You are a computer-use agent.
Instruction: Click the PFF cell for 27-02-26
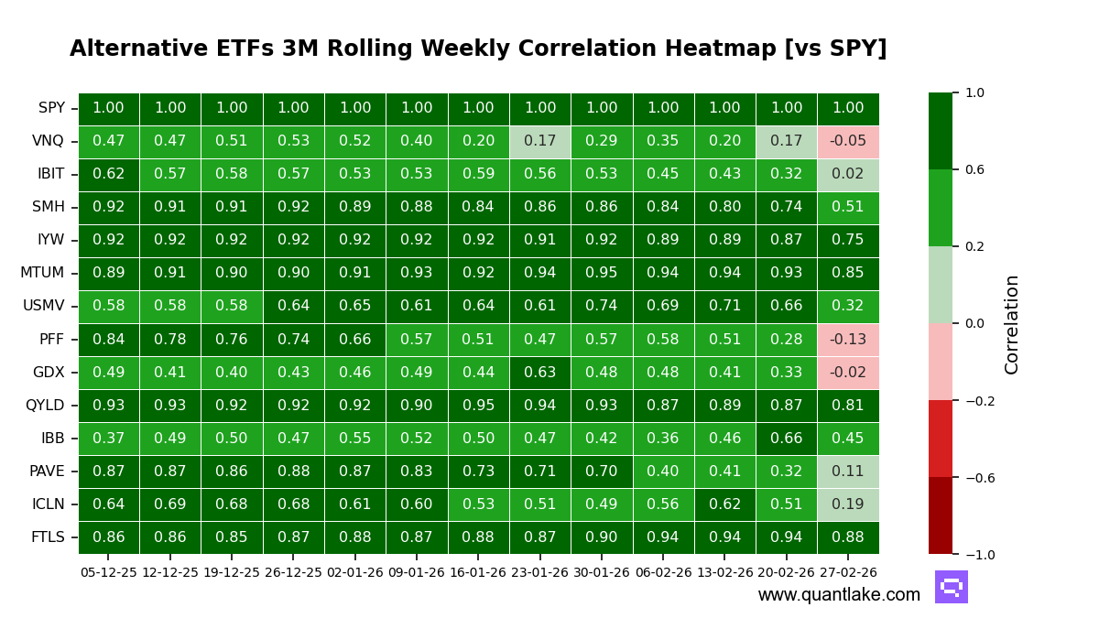pyautogui.click(x=848, y=340)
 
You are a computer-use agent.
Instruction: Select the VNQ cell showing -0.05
pyautogui.click(x=848, y=142)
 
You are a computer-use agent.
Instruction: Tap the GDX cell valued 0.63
pyautogui.click(x=539, y=373)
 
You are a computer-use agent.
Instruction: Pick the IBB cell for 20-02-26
pyautogui.click(x=786, y=439)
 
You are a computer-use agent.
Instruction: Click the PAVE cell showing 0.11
pyautogui.click(x=848, y=472)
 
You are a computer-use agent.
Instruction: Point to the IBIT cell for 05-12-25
pyautogui.click(x=108, y=175)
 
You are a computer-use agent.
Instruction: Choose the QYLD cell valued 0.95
pyautogui.click(x=478, y=406)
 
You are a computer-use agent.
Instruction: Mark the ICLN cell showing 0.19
pyautogui.click(x=848, y=504)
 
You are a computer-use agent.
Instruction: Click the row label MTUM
pyautogui.click(x=42, y=274)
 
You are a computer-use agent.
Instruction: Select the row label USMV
pyautogui.click(x=43, y=307)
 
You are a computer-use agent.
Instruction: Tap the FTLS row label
pyautogui.click(x=48, y=537)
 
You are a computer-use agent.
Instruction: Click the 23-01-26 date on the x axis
pyautogui.click(x=539, y=572)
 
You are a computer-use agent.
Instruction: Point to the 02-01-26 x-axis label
pyautogui.click(x=354, y=572)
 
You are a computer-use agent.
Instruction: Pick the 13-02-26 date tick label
pyautogui.click(x=724, y=572)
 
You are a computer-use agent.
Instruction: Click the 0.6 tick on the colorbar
pyautogui.click(x=974, y=169)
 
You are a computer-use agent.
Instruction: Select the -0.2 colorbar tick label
pyautogui.click(x=978, y=401)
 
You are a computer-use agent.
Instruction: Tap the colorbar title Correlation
pyautogui.click(x=1012, y=324)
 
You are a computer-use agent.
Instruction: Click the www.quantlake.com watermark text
pyautogui.click(x=839, y=595)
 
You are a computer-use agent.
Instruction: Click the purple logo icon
pyautogui.click(x=951, y=587)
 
